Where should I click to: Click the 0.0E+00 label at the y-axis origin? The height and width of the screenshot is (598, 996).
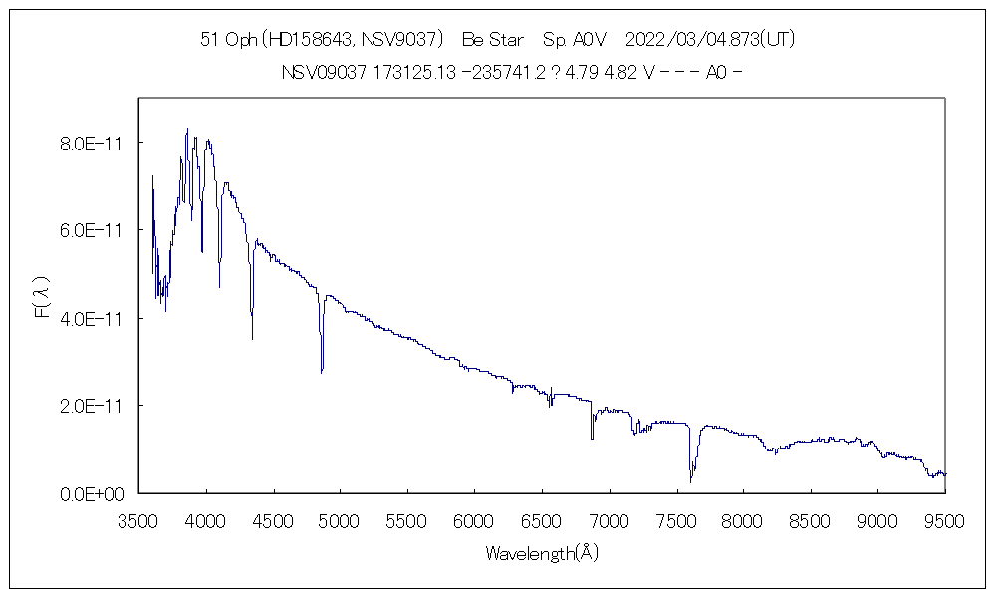pyautogui.click(x=92, y=493)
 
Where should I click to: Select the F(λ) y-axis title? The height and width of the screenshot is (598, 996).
pyautogui.click(x=41, y=298)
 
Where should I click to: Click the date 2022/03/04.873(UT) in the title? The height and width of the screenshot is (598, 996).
pyautogui.click(x=709, y=40)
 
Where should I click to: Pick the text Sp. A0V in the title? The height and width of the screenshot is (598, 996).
pyautogui.click(x=575, y=40)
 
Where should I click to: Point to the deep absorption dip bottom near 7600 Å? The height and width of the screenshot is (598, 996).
pyautogui.click(x=691, y=481)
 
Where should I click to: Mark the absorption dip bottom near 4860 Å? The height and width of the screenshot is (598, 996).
pyautogui.click(x=322, y=372)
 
